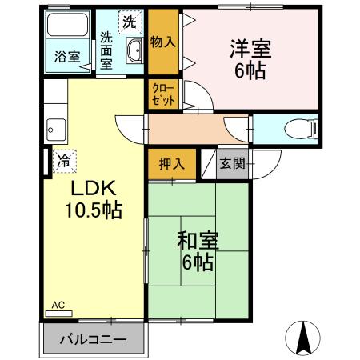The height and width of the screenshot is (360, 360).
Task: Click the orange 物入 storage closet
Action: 163,40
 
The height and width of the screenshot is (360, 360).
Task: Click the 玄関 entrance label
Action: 233,164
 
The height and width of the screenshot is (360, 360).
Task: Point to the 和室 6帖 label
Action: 196,250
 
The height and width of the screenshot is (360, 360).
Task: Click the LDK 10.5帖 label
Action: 93,200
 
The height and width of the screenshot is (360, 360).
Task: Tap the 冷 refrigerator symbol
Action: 64,161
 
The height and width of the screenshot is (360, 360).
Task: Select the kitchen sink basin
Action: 55,127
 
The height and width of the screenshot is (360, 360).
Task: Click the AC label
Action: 58,305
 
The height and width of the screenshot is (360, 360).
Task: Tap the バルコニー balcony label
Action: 94,339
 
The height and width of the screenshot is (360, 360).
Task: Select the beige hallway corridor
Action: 197,128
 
